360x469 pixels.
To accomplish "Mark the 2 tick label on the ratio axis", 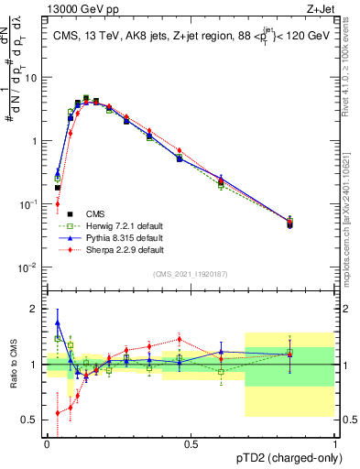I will point(35,309).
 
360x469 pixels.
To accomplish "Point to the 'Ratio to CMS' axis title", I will point(12,365).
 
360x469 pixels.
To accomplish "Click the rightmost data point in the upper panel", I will point(290,223).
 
